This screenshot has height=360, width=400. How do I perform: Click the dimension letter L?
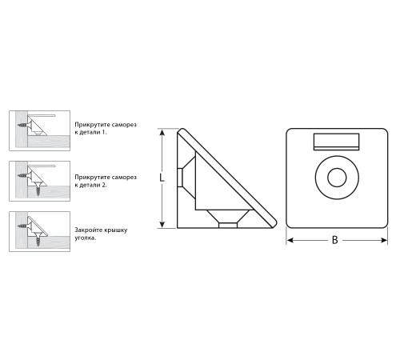point(162,178)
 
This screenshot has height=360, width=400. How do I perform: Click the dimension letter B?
point(335,240)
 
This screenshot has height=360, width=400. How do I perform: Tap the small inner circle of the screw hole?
point(337,178)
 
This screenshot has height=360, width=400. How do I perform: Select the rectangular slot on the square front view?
point(336,142)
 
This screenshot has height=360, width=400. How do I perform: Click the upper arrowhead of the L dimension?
point(162,133)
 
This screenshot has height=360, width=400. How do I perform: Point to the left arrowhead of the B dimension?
point(290,241)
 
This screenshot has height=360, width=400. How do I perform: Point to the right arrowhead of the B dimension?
point(384,241)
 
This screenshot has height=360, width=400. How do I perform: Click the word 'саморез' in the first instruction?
point(124,125)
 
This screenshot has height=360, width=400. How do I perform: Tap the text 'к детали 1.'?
point(90,132)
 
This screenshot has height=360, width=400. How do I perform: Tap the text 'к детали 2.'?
point(91,185)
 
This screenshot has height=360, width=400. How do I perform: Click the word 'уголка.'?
point(86,238)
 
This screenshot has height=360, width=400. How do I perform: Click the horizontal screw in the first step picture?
point(23,125)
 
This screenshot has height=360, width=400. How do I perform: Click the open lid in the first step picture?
point(42,115)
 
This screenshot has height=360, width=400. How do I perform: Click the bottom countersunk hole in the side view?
point(228,218)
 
